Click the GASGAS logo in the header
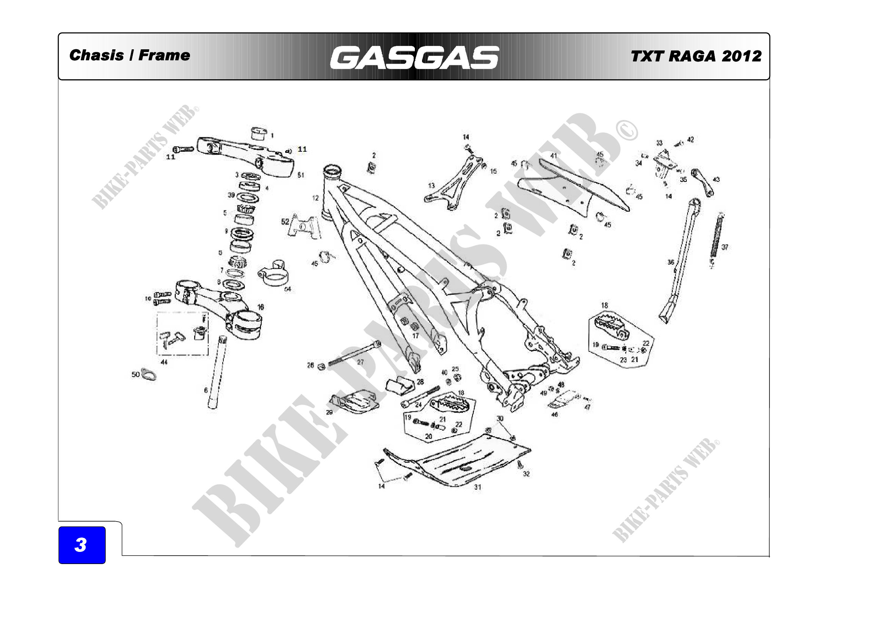click(414, 58)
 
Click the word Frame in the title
click(164, 55)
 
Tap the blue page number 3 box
click(82, 545)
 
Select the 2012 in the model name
click(741, 56)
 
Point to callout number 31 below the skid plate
click(478, 487)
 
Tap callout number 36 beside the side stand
click(671, 262)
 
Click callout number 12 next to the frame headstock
click(316, 198)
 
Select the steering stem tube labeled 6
click(217, 371)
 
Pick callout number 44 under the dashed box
click(164, 362)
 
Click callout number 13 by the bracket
click(432, 185)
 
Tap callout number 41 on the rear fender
click(554, 156)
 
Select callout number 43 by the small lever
click(716, 179)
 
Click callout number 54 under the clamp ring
click(288, 289)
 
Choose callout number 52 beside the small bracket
click(285, 222)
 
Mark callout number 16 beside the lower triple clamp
click(261, 307)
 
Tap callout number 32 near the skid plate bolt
click(526, 474)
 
